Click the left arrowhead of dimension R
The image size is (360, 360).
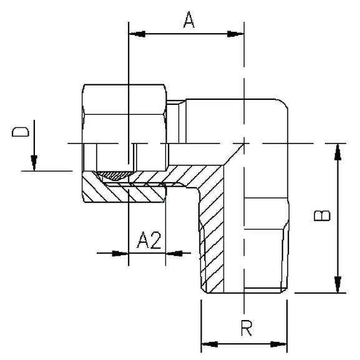(x=208, y=343)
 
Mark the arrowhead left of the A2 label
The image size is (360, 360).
(x=120, y=253)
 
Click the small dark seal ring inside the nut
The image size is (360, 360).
(x=116, y=176)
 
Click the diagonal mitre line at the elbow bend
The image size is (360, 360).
(x=234, y=154)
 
